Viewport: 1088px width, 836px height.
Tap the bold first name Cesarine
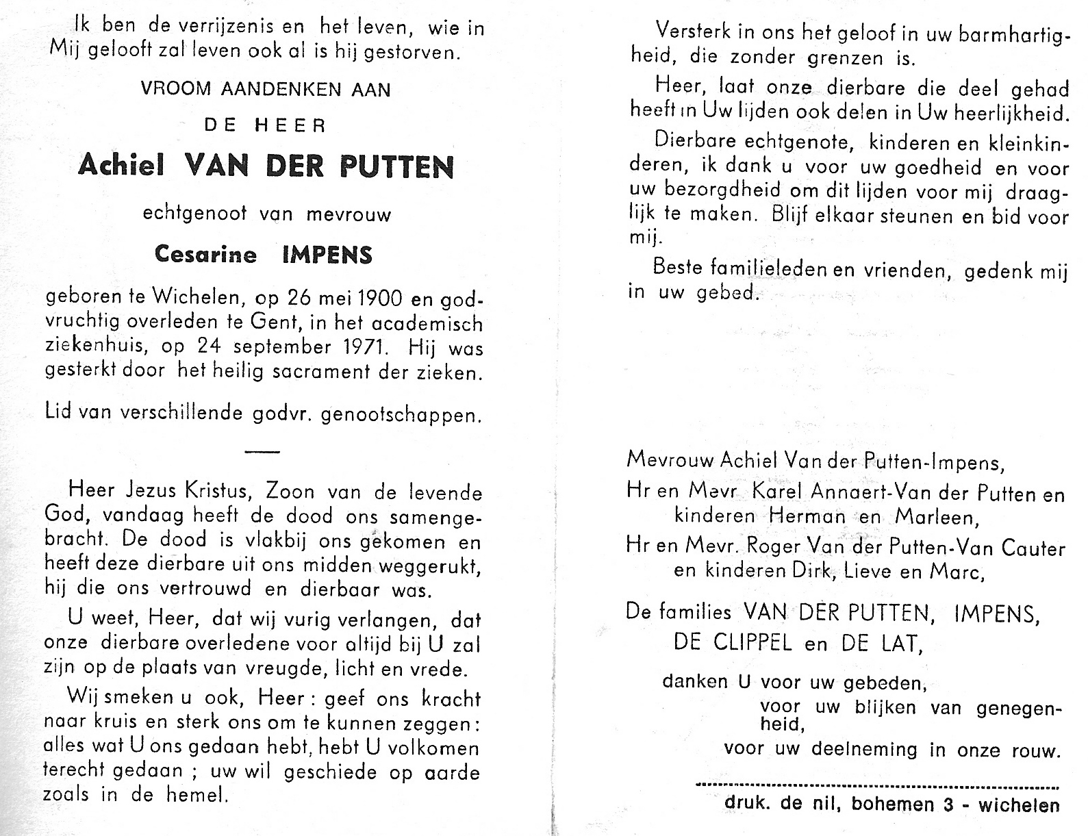pyautogui.click(x=205, y=255)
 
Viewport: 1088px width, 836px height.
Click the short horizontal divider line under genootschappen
pyautogui.click(x=262, y=452)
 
